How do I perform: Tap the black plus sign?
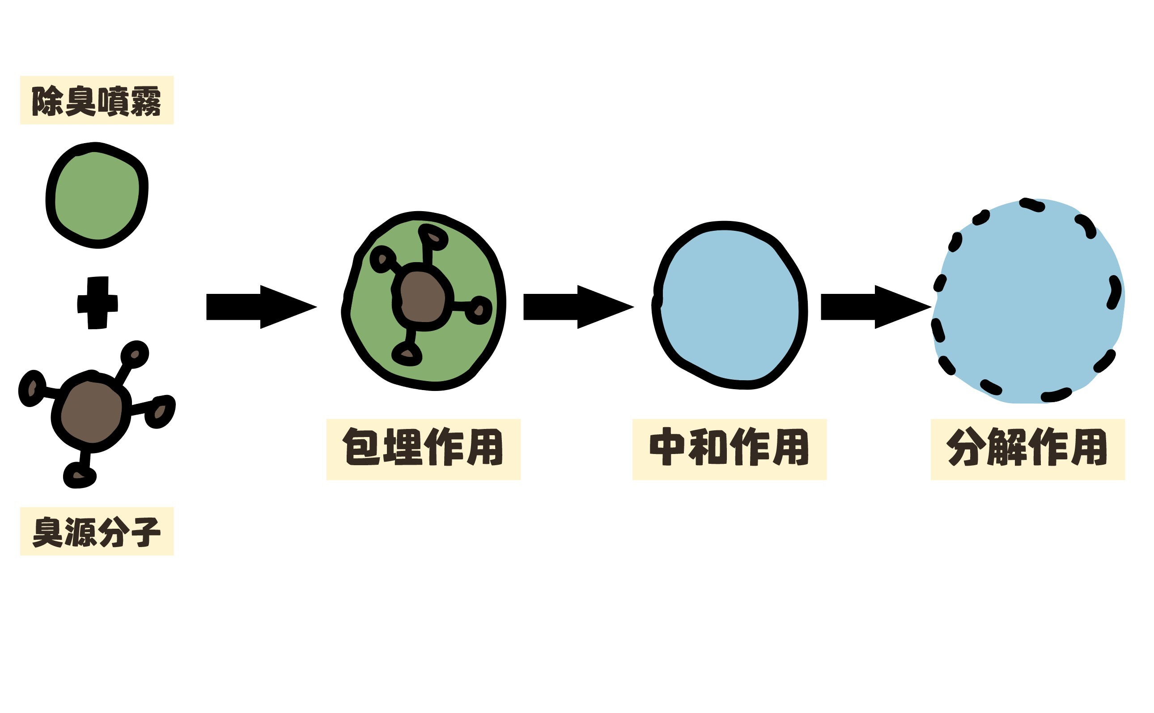point(98,302)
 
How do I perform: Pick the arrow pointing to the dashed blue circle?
point(875,306)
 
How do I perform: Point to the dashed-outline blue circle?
point(1028,302)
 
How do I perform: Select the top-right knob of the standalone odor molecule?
point(135,354)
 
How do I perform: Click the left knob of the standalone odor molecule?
point(32,389)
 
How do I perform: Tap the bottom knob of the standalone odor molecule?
point(79,475)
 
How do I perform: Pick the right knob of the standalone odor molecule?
point(160,412)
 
